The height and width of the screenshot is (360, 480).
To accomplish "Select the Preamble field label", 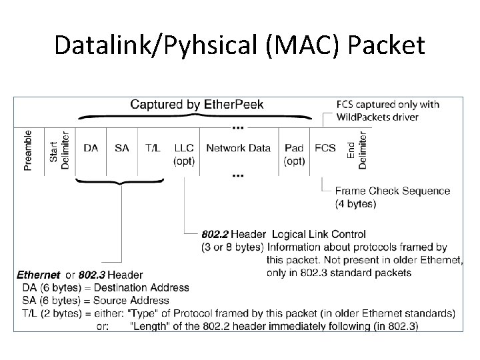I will click(x=28, y=150).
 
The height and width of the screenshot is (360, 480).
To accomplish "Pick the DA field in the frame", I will click(x=91, y=148).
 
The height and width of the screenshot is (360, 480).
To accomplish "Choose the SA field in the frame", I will click(x=121, y=148).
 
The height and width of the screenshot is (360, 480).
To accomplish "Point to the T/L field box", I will click(x=152, y=148).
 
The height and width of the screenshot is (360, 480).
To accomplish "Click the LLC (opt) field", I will click(x=184, y=154).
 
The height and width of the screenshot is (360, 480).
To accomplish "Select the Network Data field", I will click(x=238, y=148).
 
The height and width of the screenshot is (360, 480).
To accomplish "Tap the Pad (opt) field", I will click(x=294, y=154).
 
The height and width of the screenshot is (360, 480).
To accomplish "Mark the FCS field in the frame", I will click(x=325, y=148).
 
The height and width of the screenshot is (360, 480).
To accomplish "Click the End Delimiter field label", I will click(x=357, y=150).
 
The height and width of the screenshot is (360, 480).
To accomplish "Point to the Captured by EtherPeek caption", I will click(x=197, y=104).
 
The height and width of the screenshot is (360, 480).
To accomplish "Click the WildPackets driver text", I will click(x=378, y=117).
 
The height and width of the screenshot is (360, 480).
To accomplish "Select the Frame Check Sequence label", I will click(x=393, y=191).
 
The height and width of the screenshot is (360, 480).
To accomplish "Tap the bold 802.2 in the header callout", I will click(x=215, y=235).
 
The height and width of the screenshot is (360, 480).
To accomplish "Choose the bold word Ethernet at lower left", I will click(x=38, y=275).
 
